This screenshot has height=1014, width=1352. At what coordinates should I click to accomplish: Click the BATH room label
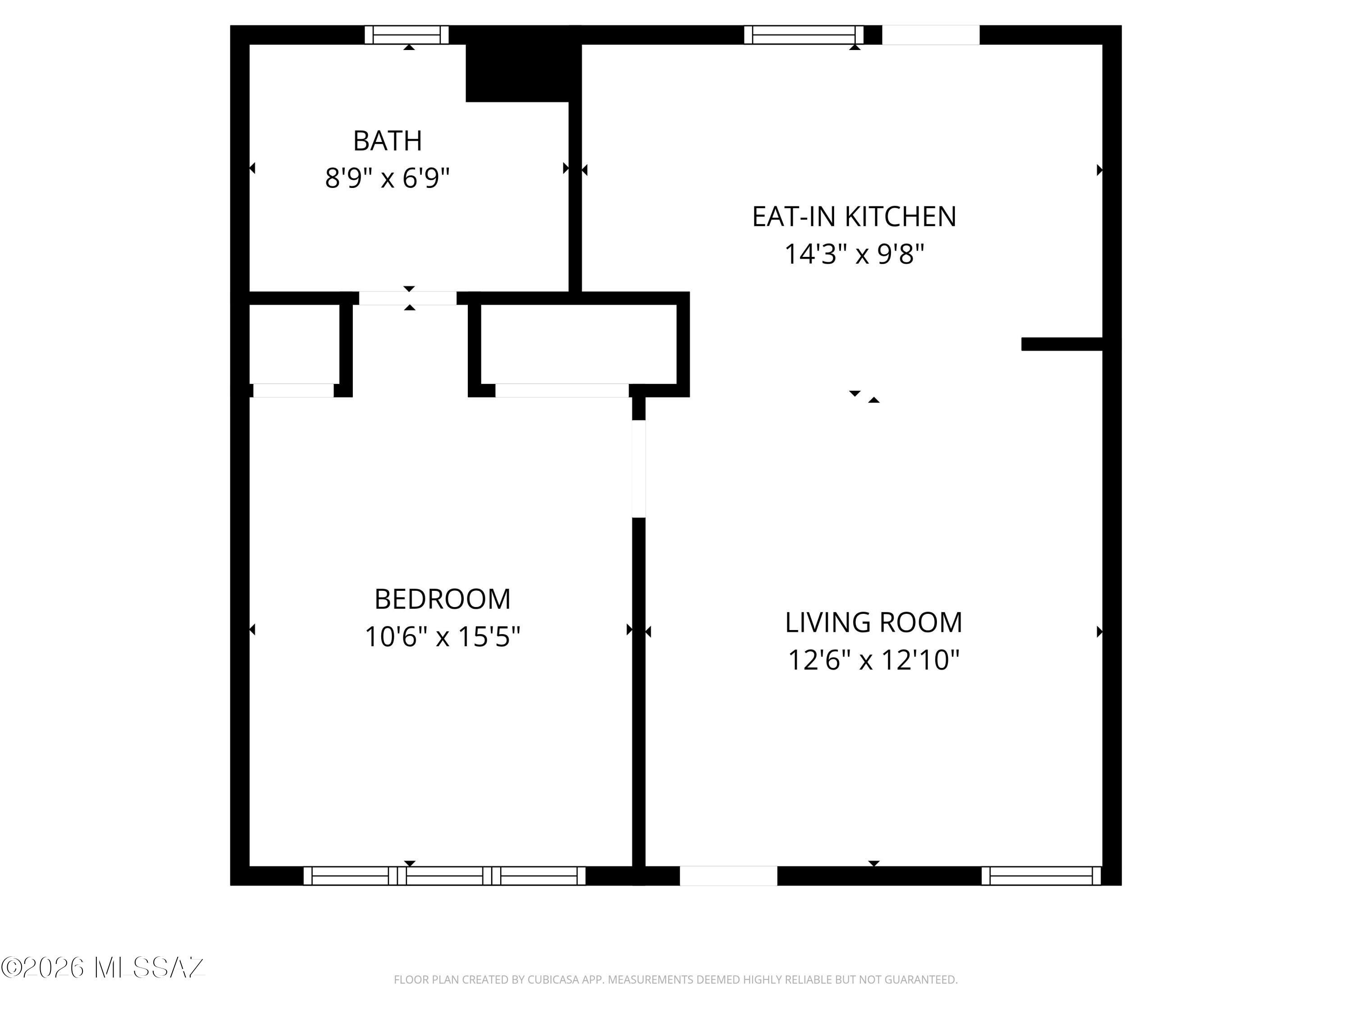[388, 141]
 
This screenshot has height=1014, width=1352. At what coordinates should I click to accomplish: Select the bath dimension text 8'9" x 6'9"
[388, 178]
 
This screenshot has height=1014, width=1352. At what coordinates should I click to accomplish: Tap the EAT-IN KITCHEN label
[854, 217]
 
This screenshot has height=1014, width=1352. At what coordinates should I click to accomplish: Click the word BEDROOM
[443, 599]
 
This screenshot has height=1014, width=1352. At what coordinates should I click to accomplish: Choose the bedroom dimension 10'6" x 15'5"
[443, 637]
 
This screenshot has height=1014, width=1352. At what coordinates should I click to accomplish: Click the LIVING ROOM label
[873, 623]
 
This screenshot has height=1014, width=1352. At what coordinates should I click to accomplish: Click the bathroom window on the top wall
[407, 35]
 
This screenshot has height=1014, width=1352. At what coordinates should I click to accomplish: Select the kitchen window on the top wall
[804, 35]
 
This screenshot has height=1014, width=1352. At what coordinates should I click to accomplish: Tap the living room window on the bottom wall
[1041, 876]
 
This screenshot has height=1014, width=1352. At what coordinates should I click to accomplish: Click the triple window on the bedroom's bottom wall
[444, 876]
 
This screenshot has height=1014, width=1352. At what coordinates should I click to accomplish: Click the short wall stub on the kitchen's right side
[1062, 344]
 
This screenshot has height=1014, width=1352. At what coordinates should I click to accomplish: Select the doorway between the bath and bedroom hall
[408, 298]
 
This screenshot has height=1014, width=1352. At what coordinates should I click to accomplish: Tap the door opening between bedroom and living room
[639, 469]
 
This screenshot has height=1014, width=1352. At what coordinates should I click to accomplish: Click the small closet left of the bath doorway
[295, 344]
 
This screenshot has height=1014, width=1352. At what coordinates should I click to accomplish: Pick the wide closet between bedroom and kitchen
[579, 344]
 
